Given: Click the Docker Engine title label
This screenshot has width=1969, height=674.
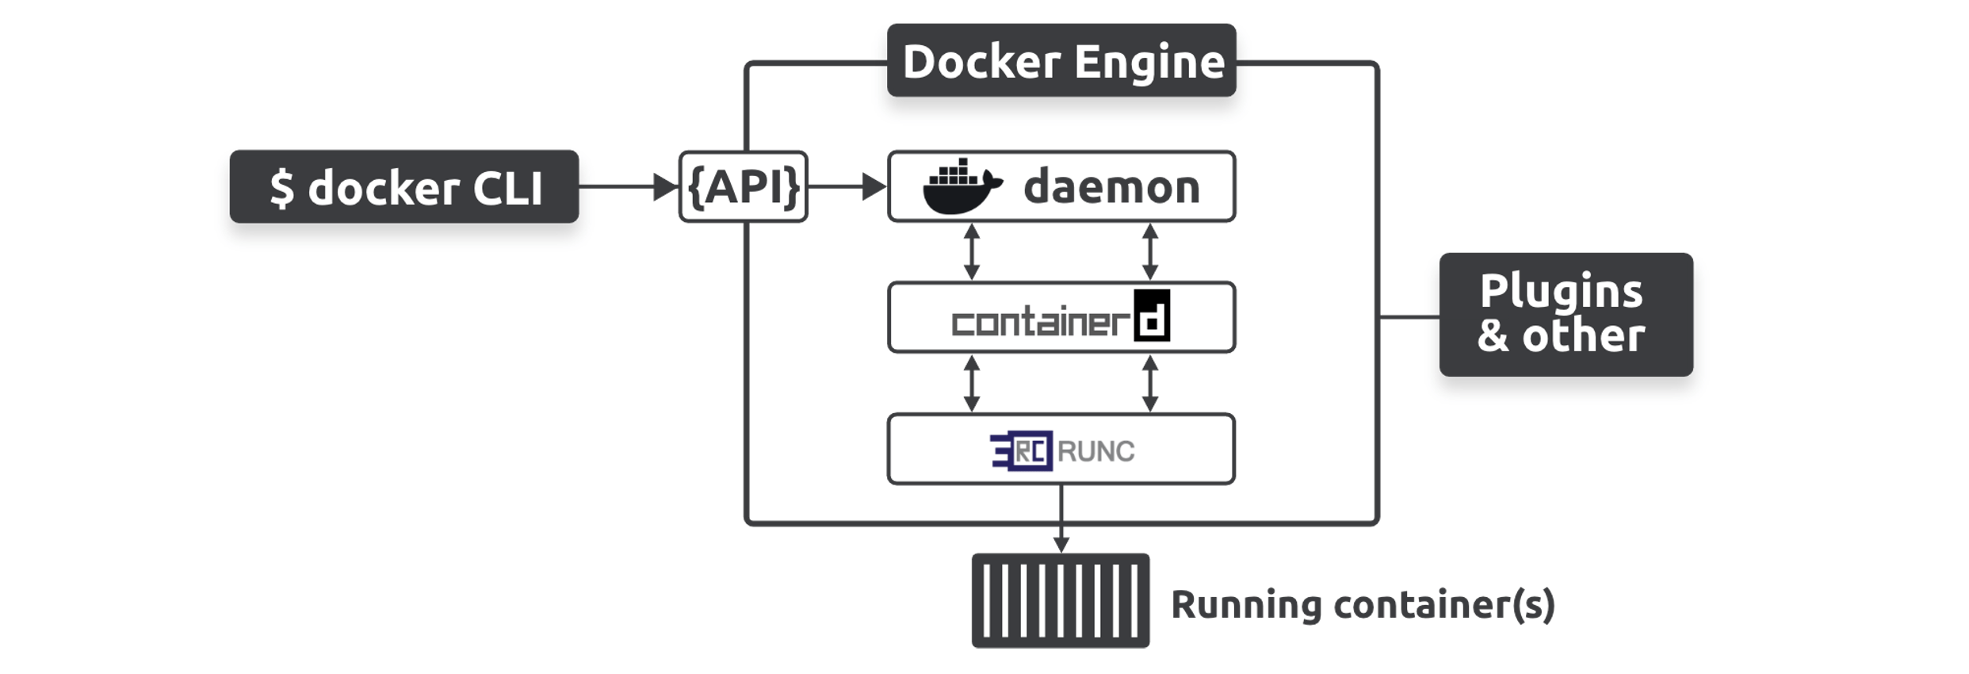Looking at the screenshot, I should [x=1061, y=61].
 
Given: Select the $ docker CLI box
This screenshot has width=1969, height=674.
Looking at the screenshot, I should [x=404, y=187].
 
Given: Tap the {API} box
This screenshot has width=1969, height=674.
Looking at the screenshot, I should [x=744, y=187].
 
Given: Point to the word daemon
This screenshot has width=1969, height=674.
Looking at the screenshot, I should [x=1111, y=188].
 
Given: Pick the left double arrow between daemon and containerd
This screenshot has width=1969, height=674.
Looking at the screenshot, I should [x=972, y=252].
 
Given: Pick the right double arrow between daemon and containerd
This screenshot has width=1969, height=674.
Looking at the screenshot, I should [x=1150, y=252].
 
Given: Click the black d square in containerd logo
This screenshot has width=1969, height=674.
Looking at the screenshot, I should [x=1152, y=316].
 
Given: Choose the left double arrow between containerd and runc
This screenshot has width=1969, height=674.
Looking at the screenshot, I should [x=972, y=384].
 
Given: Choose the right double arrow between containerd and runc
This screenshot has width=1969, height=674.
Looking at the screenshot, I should [x=1150, y=384].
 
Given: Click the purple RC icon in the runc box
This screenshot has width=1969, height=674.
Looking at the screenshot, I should [x=1023, y=451].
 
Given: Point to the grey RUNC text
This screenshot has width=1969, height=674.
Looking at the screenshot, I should [x=1096, y=452].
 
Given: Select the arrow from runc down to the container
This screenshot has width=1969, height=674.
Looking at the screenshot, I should [x=1061, y=519].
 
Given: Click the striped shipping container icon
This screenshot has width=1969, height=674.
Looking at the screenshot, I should [x=1061, y=601].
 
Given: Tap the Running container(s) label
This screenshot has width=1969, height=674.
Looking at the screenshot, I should [x=1363, y=605].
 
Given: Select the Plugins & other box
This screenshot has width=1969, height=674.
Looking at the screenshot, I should [x=1566, y=315].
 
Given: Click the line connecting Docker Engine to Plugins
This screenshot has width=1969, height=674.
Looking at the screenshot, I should [x=1409, y=317].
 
